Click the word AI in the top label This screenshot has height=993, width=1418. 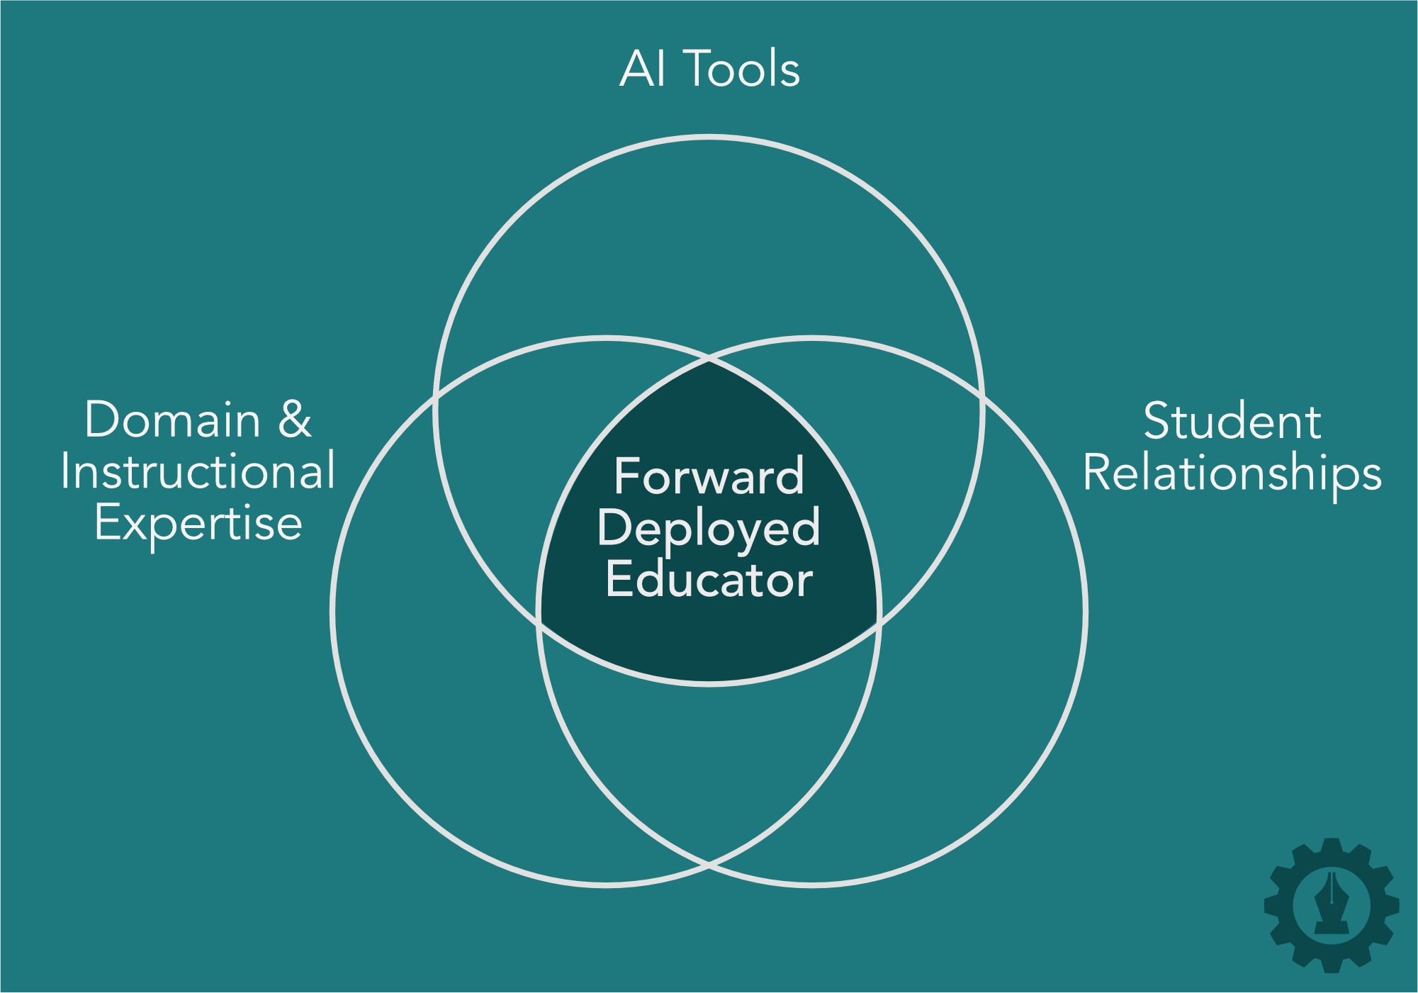tap(643, 69)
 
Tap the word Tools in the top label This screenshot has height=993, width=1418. tap(743, 69)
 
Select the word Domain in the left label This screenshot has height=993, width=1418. tap(172, 420)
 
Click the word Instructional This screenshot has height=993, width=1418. tap(198, 471)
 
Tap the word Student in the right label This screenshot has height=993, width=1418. tap(1232, 422)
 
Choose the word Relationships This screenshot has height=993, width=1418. tap(1232, 473)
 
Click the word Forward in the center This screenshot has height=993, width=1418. tap(709, 476)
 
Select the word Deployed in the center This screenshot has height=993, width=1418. tap(709, 529)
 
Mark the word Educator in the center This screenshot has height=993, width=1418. tap(709, 580)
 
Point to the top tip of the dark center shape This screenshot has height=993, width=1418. tap(709, 362)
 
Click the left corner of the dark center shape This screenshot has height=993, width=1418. tap(539, 622)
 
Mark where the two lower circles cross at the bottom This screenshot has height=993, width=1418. tap(709, 864)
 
